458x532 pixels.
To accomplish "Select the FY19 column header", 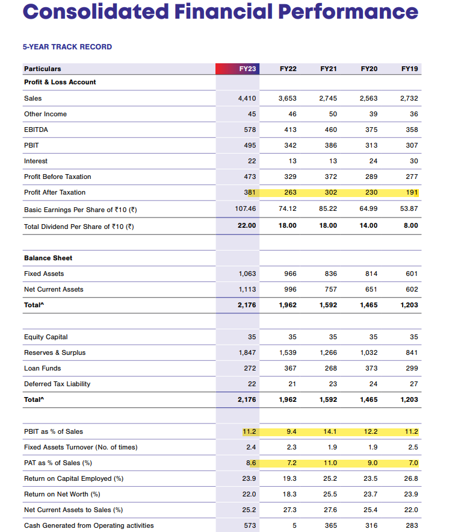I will point(409,69).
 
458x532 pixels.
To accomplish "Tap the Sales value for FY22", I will point(288,98).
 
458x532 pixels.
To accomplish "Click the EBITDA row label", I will point(36,130).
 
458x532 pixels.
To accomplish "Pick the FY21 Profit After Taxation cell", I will point(329,192).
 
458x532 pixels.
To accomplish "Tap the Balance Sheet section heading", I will point(48,258).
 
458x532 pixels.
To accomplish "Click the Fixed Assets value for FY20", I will point(371,274).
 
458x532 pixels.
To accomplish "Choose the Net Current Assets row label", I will point(54,289).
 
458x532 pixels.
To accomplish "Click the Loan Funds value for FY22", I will point(289,368).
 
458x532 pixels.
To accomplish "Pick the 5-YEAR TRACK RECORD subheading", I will point(67,47).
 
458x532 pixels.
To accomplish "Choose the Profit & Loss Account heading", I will point(60,82).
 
